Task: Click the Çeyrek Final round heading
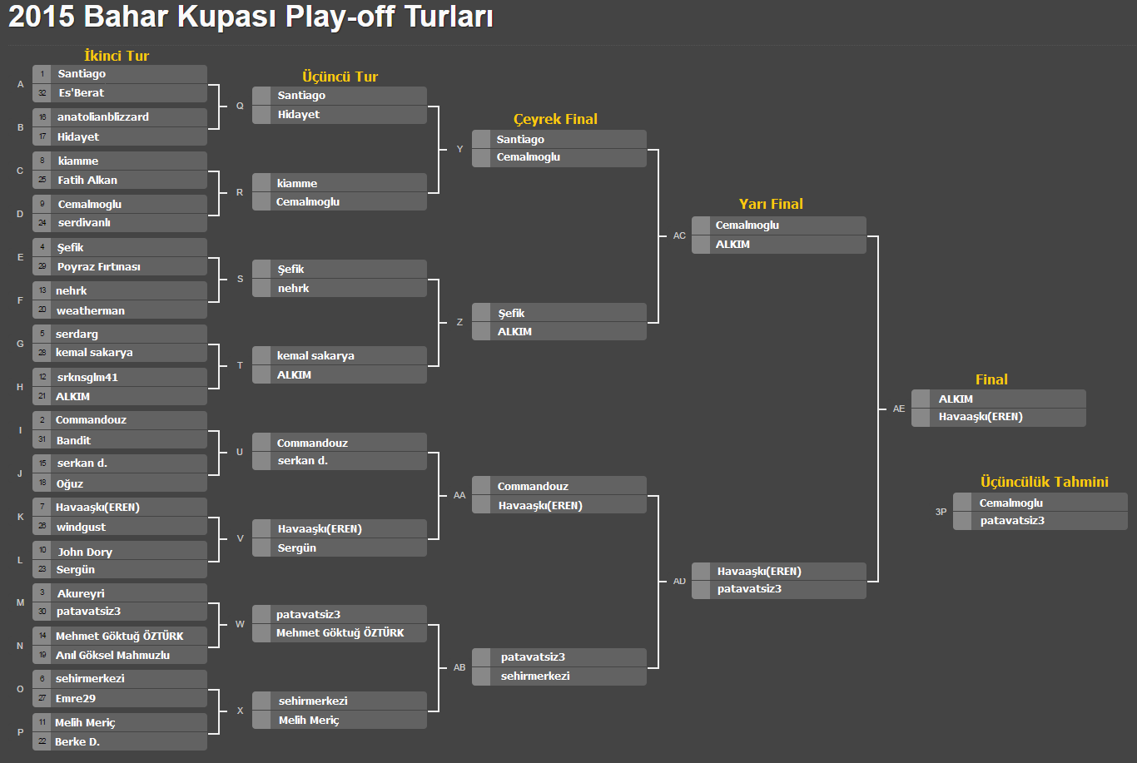click(555, 119)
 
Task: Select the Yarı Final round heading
click(771, 204)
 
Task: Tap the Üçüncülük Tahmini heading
click(1044, 482)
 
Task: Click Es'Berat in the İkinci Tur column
click(82, 93)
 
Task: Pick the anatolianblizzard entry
click(103, 116)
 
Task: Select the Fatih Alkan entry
click(87, 180)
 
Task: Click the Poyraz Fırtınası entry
click(98, 267)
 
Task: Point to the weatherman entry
click(91, 310)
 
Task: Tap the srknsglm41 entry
click(87, 378)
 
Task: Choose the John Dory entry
click(85, 552)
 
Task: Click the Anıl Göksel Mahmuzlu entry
click(112, 655)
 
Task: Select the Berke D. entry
click(77, 741)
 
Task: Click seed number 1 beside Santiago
click(42, 74)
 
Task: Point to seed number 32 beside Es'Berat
click(42, 93)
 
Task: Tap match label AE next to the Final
click(898, 409)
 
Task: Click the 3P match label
click(941, 512)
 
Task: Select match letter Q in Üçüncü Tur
click(240, 106)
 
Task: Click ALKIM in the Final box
click(956, 399)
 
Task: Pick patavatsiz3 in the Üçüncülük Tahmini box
click(1012, 521)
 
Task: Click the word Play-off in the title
click(340, 17)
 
